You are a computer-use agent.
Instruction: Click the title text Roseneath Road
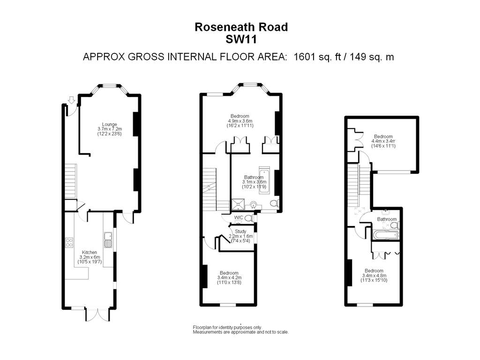241,28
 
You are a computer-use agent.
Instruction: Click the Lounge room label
110,124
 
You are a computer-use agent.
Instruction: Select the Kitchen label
89,252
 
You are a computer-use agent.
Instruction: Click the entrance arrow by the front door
71,100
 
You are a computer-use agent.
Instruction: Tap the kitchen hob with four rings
68,242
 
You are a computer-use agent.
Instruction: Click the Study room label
240,231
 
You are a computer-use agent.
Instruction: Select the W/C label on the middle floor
239,217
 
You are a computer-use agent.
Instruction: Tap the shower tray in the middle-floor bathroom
239,205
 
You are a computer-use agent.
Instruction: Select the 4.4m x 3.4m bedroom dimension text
383,141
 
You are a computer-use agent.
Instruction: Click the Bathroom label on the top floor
387,219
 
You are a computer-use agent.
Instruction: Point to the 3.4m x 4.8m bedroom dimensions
374,276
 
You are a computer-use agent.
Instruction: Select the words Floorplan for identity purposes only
227,327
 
